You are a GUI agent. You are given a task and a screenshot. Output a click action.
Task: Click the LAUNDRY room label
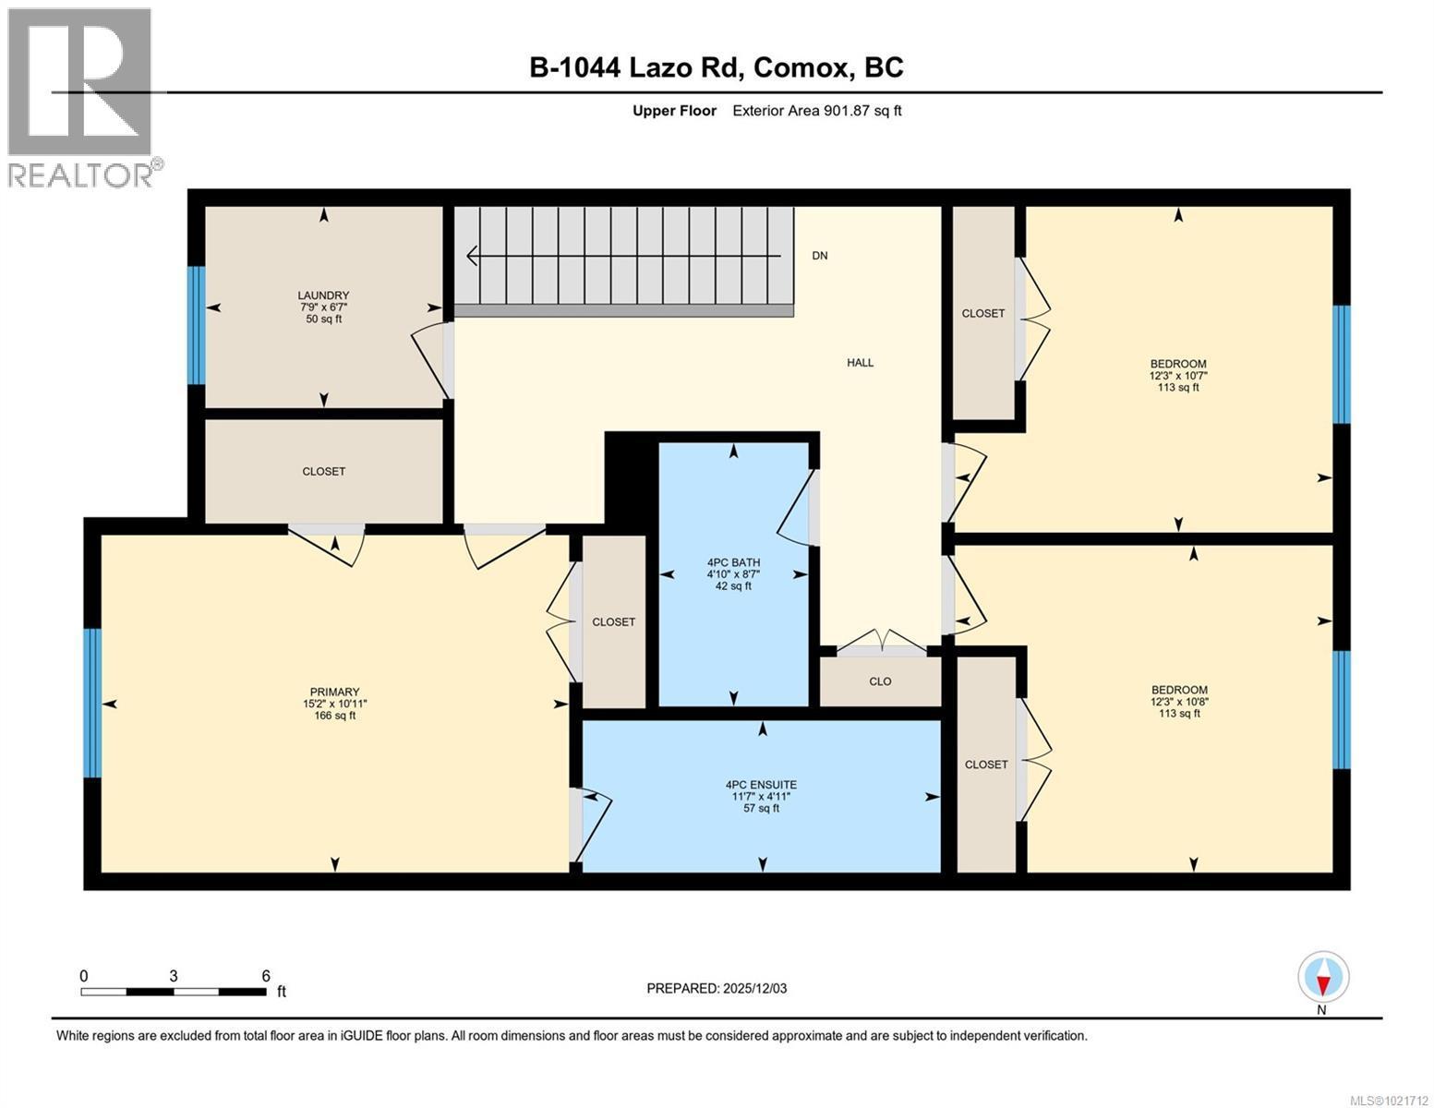pyautogui.click(x=323, y=295)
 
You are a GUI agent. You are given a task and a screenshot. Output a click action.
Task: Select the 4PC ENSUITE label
pyautogui.click(x=761, y=785)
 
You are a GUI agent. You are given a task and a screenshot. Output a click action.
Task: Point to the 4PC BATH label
pyautogui.click(x=733, y=562)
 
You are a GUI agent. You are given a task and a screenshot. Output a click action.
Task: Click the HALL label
pyautogui.click(x=860, y=363)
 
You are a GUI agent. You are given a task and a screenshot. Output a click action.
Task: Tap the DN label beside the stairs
pyautogui.click(x=819, y=256)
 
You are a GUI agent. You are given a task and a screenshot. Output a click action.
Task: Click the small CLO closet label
pyautogui.click(x=880, y=681)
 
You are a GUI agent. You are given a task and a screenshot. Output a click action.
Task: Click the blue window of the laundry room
pyautogui.click(x=195, y=325)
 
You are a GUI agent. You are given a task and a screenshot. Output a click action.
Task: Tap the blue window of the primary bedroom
pyautogui.click(x=91, y=703)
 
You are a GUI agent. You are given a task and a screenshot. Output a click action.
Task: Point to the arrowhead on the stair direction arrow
pyautogui.click(x=473, y=256)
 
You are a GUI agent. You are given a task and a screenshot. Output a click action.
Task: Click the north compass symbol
pyautogui.click(x=1322, y=977)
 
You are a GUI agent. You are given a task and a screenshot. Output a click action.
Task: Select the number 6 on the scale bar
pyautogui.click(x=266, y=975)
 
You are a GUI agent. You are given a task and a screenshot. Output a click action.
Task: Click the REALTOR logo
pyautogui.click(x=81, y=97)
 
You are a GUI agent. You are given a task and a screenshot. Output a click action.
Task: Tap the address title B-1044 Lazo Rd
pyautogui.click(x=717, y=67)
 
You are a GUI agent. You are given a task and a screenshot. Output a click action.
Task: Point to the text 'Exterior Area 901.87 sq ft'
pyautogui.click(x=816, y=111)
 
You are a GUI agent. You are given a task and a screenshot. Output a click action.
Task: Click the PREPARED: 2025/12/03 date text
pyautogui.click(x=717, y=988)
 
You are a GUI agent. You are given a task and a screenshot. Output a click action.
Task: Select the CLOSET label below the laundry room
pyautogui.click(x=323, y=471)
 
